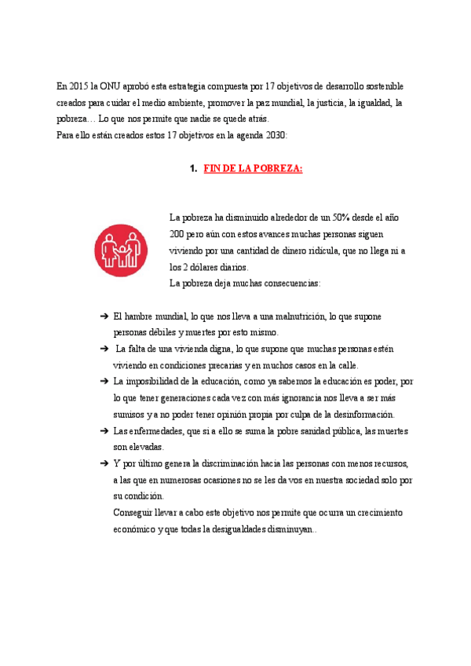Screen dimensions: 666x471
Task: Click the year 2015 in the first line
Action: click(78, 86)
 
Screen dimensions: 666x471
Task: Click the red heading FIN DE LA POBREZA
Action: click(253, 169)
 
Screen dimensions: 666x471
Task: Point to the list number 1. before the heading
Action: click(193, 169)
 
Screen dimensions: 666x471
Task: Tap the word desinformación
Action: click(360, 415)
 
